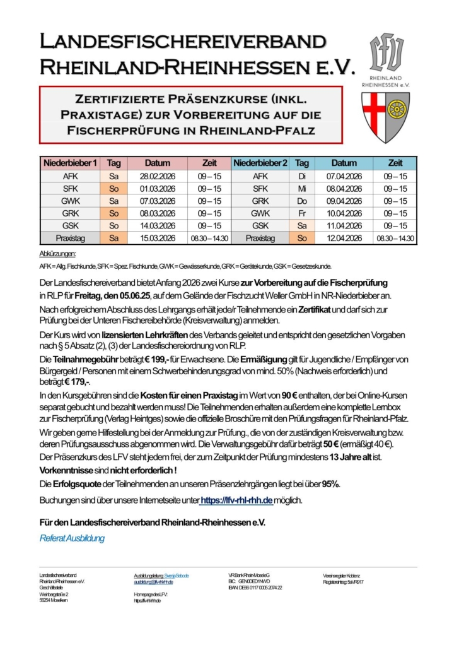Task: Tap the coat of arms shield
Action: [385, 117]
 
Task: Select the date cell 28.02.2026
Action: [158, 176]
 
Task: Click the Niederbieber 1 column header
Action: [70, 163]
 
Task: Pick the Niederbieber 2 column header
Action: [260, 163]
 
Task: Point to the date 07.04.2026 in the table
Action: [344, 176]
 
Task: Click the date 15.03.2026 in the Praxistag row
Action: [158, 238]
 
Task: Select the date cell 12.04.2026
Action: [344, 238]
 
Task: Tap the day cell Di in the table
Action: [302, 176]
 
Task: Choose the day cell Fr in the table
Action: [302, 213]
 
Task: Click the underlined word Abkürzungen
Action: [57, 254]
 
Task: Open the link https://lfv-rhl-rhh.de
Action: [236, 500]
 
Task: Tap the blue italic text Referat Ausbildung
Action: [72, 538]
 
